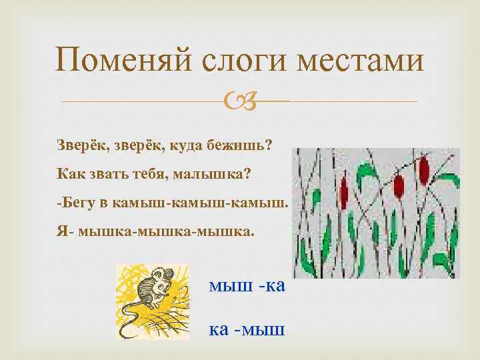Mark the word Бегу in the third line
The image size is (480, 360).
pos(77,203)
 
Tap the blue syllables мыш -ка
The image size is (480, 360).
pos(247,286)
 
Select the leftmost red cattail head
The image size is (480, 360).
pos(345,193)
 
